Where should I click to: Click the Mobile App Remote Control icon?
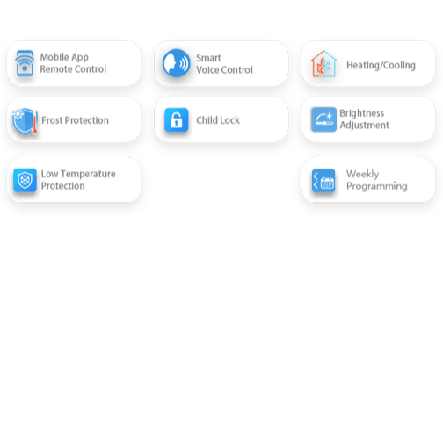(25, 63)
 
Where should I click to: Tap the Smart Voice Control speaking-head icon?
(177, 63)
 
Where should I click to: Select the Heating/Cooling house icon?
(323, 64)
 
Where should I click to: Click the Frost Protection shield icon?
(25, 121)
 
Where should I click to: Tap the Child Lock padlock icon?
(177, 119)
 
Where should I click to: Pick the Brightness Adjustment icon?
(323, 119)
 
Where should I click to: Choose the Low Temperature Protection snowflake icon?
(25, 180)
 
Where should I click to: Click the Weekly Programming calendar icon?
(323, 181)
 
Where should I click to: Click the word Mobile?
(54, 57)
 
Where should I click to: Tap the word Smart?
(208, 58)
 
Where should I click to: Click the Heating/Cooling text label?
(381, 65)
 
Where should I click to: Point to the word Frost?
(52, 120)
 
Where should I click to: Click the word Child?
(205, 120)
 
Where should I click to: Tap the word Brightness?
(362, 113)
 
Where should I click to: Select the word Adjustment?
(365, 126)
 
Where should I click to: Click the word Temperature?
(88, 174)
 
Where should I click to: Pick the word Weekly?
(362, 174)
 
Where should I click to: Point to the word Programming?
(377, 186)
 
